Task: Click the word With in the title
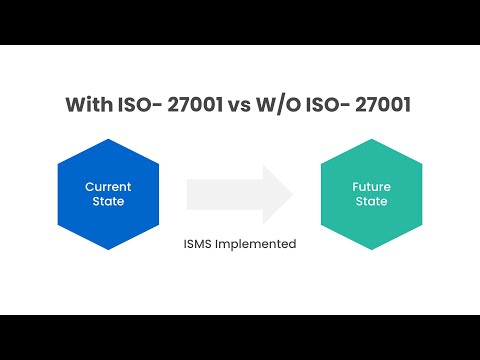(89, 104)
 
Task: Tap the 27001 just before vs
(195, 104)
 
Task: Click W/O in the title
(278, 104)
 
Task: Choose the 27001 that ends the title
(383, 104)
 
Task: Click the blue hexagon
(108, 194)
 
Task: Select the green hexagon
(372, 194)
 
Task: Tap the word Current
(108, 187)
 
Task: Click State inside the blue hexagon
(108, 201)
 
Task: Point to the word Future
(371, 187)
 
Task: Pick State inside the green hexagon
(371, 201)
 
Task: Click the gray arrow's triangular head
(275, 194)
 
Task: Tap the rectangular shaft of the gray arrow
(225, 194)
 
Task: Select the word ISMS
(197, 244)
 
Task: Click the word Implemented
(256, 244)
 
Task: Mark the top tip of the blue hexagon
(108, 139)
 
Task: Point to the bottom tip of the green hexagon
(372, 250)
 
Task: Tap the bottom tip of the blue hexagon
(108, 250)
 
